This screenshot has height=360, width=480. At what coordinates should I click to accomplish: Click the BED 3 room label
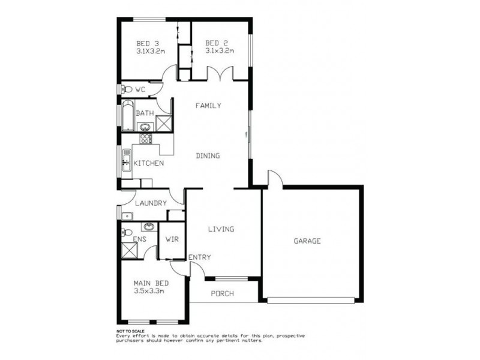click(147, 43)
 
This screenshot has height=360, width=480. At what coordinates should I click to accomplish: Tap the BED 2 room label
click(215, 43)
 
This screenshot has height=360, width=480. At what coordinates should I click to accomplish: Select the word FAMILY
click(209, 106)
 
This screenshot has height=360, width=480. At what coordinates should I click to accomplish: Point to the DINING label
click(208, 155)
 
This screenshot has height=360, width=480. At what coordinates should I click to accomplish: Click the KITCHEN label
click(148, 163)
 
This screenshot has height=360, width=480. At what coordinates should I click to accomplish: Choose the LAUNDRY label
click(151, 203)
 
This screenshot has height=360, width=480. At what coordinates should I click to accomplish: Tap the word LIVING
click(221, 229)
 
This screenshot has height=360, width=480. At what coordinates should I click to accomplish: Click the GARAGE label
click(307, 241)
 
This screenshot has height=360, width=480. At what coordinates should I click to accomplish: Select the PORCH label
click(222, 293)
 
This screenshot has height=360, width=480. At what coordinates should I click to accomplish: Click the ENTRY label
click(200, 257)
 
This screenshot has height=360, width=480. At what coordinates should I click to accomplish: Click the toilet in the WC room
click(127, 89)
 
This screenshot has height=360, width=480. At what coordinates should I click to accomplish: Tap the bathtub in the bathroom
click(127, 116)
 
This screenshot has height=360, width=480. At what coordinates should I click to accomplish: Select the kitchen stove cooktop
click(145, 138)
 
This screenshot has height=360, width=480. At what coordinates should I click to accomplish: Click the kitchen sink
click(127, 161)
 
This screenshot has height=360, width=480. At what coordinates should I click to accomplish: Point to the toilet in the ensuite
click(127, 233)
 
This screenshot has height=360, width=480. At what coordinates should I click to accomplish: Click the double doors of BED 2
click(220, 74)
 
